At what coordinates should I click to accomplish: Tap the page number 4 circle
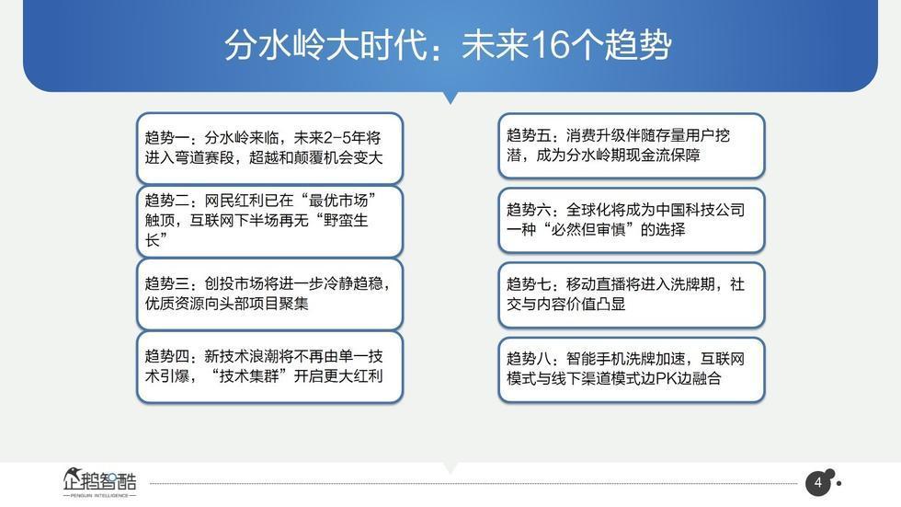tap(817, 483)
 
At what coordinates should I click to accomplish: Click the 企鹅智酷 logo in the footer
tap(100, 482)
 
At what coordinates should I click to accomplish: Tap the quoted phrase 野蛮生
tap(346, 221)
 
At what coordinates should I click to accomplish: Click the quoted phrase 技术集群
tap(249, 376)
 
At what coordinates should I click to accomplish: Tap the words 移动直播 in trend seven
tap(596, 284)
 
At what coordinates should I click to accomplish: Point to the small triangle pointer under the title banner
tap(451, 98)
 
